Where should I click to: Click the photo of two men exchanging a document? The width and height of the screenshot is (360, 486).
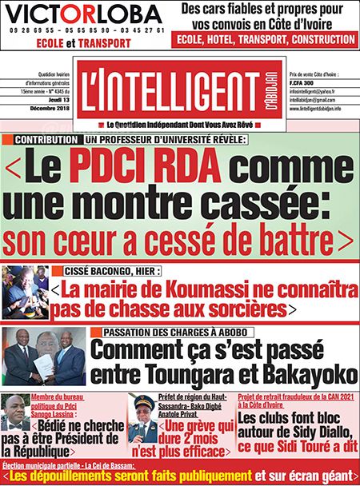coord(44,357)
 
